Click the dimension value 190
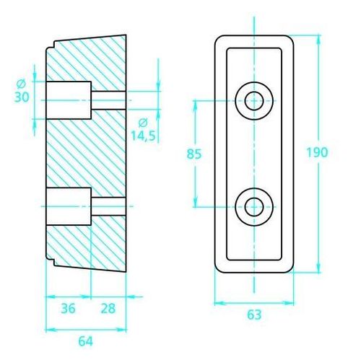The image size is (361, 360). (317, 152)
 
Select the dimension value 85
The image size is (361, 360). (194, 154)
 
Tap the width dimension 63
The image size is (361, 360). (254, 315)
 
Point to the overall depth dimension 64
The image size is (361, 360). (86, 341)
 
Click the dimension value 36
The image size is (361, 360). (68, 308)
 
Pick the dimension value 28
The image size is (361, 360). (108, 308)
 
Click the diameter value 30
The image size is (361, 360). (22, 97)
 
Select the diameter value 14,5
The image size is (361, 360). (143, 136)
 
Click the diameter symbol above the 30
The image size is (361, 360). (21, 84)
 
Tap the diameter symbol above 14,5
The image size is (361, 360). (143, 123)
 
